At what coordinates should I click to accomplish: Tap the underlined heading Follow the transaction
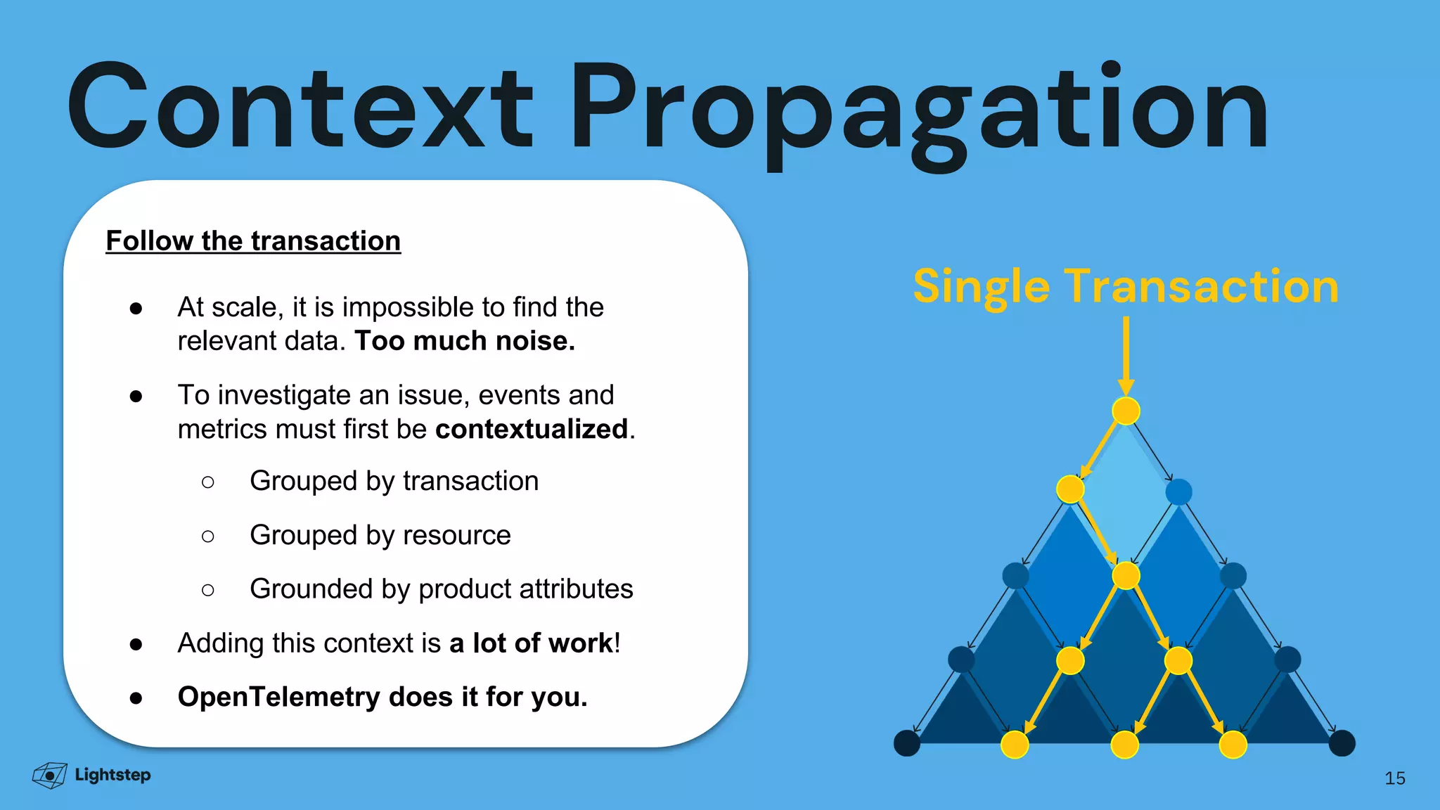pos(253,241)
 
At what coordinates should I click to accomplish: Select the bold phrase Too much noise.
pos(465,341)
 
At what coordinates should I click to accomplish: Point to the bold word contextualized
pos(532,429)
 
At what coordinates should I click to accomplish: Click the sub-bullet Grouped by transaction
pos(394,482)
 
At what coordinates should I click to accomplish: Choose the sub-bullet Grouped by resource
pos(380,536)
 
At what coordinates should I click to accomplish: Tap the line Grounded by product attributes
pos(441,589)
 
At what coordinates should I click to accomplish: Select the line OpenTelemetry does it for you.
pos(382,697)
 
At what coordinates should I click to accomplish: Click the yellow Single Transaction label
pos(1126,287)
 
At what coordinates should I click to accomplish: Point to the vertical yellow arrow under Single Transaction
pos(1126,355)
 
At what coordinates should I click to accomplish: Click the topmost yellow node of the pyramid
pos(1126,411)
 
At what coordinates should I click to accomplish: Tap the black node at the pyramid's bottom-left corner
pos(907,743)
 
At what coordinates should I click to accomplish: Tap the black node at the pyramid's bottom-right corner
pos(1342,743)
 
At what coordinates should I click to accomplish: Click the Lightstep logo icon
pos(50,775)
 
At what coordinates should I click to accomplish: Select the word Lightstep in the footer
pos(112,775)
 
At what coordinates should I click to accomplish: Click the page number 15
pos(1394,778)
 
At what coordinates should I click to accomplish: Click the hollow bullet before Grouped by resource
pos(207,536)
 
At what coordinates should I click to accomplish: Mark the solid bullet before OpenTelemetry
pos(136,698)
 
